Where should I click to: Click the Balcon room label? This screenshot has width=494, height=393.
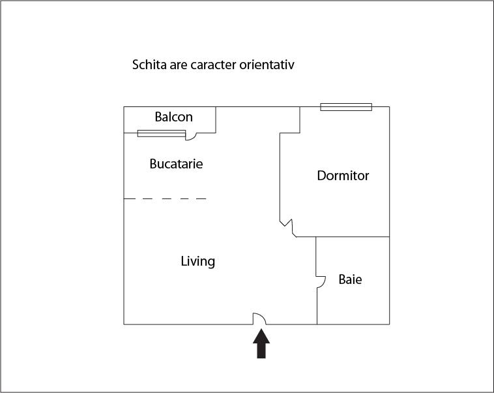click(x=173, y=118)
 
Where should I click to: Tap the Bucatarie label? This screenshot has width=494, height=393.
click(x=176, y=164)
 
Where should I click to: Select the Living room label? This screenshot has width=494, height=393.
click(x=197, y=262)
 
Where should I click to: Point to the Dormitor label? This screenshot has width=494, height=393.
click(x=343, y=176)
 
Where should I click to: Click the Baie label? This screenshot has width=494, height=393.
click(x=350, y=280)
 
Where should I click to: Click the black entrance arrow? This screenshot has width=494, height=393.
click(x=261, y=343)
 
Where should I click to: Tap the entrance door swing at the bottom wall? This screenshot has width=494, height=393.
click(x=259, y=318)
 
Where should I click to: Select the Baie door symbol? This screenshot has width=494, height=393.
click(x=321, y=281)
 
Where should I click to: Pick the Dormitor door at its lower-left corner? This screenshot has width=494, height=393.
click(x=287, y=226)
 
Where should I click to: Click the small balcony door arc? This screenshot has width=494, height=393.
click(x=192, y=135)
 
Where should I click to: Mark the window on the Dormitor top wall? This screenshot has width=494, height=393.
click(x=345, y=107)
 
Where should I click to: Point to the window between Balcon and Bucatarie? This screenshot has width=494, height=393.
click(x=161, y=133)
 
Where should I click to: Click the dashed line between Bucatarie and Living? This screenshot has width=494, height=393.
click(x=165, y=198)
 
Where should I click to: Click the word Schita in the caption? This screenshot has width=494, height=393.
click(x=149, y=65)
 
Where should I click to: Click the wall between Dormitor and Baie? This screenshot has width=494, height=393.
click(x=353, y=236)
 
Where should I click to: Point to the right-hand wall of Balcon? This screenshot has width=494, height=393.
click(x=216, y=120)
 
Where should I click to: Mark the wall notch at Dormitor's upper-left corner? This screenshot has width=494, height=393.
click(x=290, y=133)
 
